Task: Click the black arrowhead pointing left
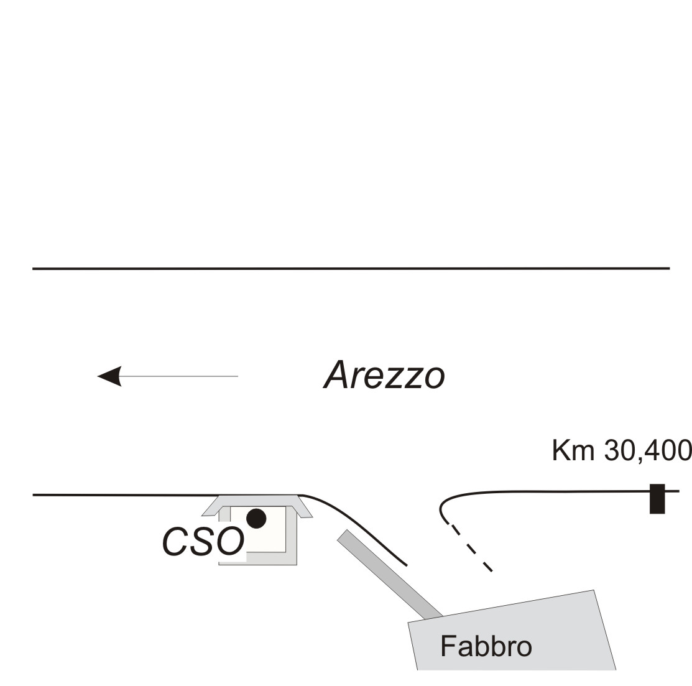109,376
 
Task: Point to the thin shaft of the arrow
180,376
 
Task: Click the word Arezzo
384,376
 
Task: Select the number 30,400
647,450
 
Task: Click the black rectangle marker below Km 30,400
657,498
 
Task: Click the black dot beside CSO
256,518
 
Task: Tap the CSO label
203,542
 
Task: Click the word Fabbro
486,646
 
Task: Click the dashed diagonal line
471,548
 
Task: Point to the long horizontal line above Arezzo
348,269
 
